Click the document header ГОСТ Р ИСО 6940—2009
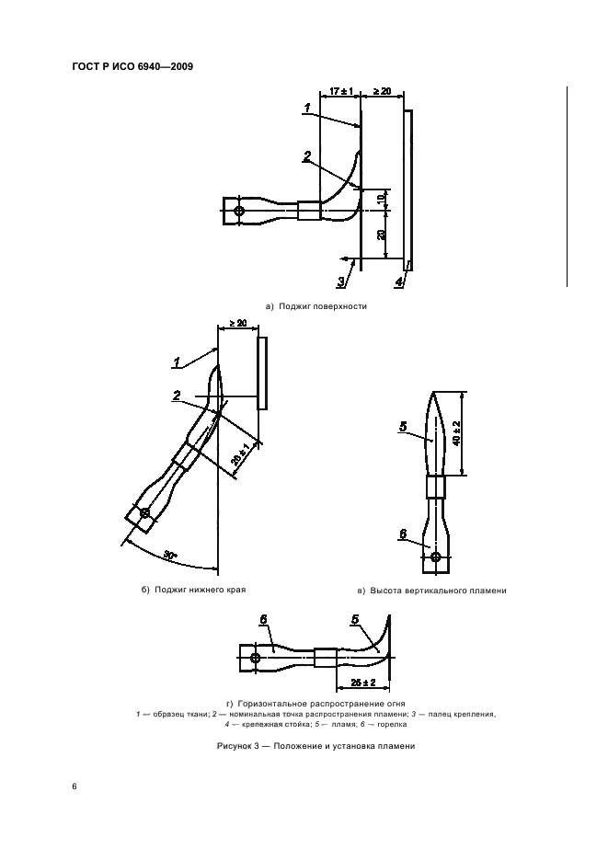132,67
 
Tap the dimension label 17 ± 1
340,91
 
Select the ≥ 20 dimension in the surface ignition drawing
382,91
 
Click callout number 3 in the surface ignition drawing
341,281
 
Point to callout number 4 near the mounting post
399,282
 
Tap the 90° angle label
170,557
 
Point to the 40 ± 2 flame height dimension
457,432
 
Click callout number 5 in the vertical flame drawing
403,426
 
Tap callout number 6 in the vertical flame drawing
403,534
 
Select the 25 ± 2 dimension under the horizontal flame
363,683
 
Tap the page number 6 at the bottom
75,786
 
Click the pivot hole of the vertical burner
436,557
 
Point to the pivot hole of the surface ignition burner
238,211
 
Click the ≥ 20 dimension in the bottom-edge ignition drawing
238,323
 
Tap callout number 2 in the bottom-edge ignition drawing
177,396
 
